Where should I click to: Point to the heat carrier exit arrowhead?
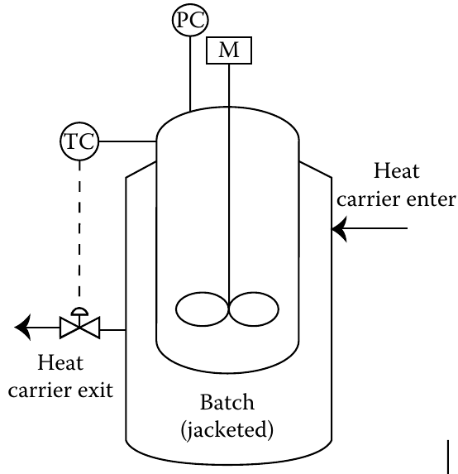click(22, 328)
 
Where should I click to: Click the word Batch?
click(227, 402)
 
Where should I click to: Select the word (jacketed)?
click(227, 430)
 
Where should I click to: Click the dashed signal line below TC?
click(79, 229)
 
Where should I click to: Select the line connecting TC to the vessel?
click(127, 141)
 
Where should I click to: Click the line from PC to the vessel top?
click(190, 74)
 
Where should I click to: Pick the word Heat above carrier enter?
click(397, 171)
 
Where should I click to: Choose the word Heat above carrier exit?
click(60, 362)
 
